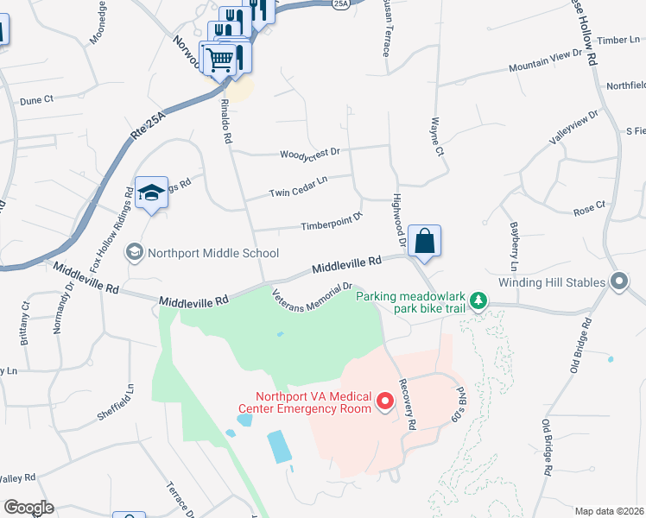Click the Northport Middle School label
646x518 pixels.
pos(213,253)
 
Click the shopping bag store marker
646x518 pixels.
pos(425,241)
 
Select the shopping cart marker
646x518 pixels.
pos(218,60)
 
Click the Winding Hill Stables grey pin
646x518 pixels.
pos(618,281)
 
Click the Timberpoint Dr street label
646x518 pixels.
pos(331,225)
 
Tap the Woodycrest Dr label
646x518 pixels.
pos(310,155)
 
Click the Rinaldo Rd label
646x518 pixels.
pos(227,120)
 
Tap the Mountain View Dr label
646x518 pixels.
pos(546,60)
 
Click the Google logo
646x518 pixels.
pos(28,508)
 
